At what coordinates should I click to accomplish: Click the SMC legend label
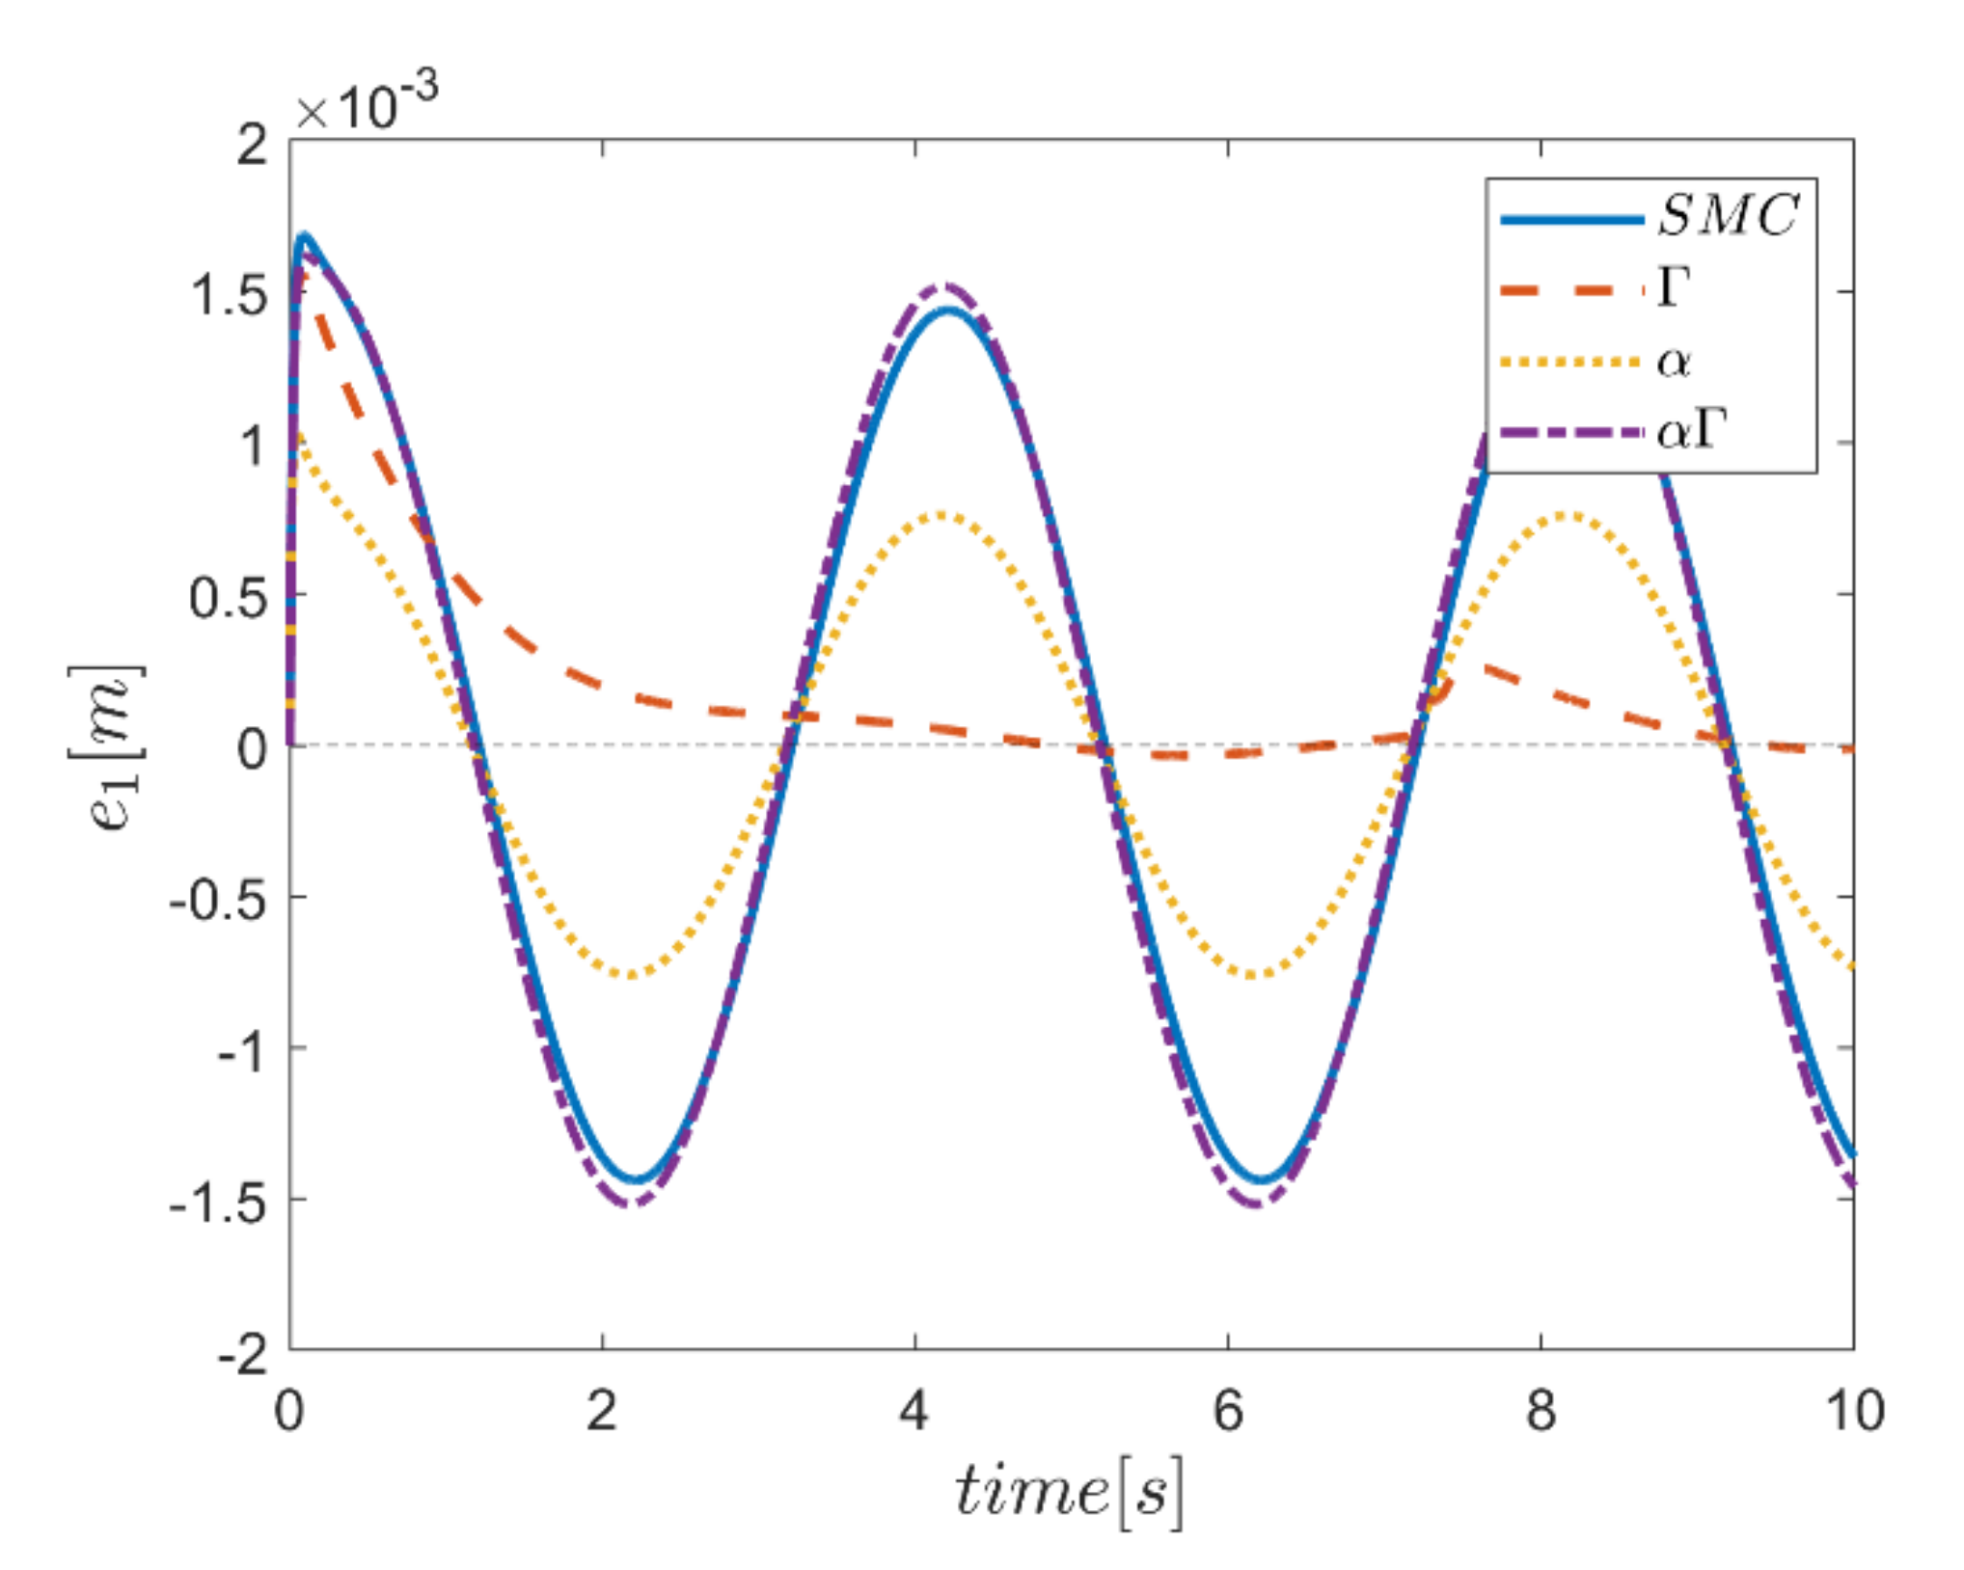click(1728, 215)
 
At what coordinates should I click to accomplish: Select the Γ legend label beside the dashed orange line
click(1674, 287)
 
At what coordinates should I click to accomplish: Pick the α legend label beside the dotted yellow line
click(1674, 363)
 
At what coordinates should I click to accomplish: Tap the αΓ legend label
click(1691, 431)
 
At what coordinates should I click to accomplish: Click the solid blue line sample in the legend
click(1571, 220)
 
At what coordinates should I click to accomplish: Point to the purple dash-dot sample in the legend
click(1571, 432)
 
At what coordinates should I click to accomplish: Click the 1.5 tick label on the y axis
click(229, 293)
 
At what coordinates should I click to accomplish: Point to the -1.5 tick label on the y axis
click(218, 1202)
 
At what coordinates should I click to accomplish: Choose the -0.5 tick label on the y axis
click(218, 899)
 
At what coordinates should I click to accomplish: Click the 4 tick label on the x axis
click(914, 1411)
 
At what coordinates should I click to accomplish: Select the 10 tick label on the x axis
click(1853, 1411)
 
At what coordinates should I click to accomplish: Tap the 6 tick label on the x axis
click(1227, 1411)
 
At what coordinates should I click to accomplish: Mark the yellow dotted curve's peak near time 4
click(941, 515)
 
